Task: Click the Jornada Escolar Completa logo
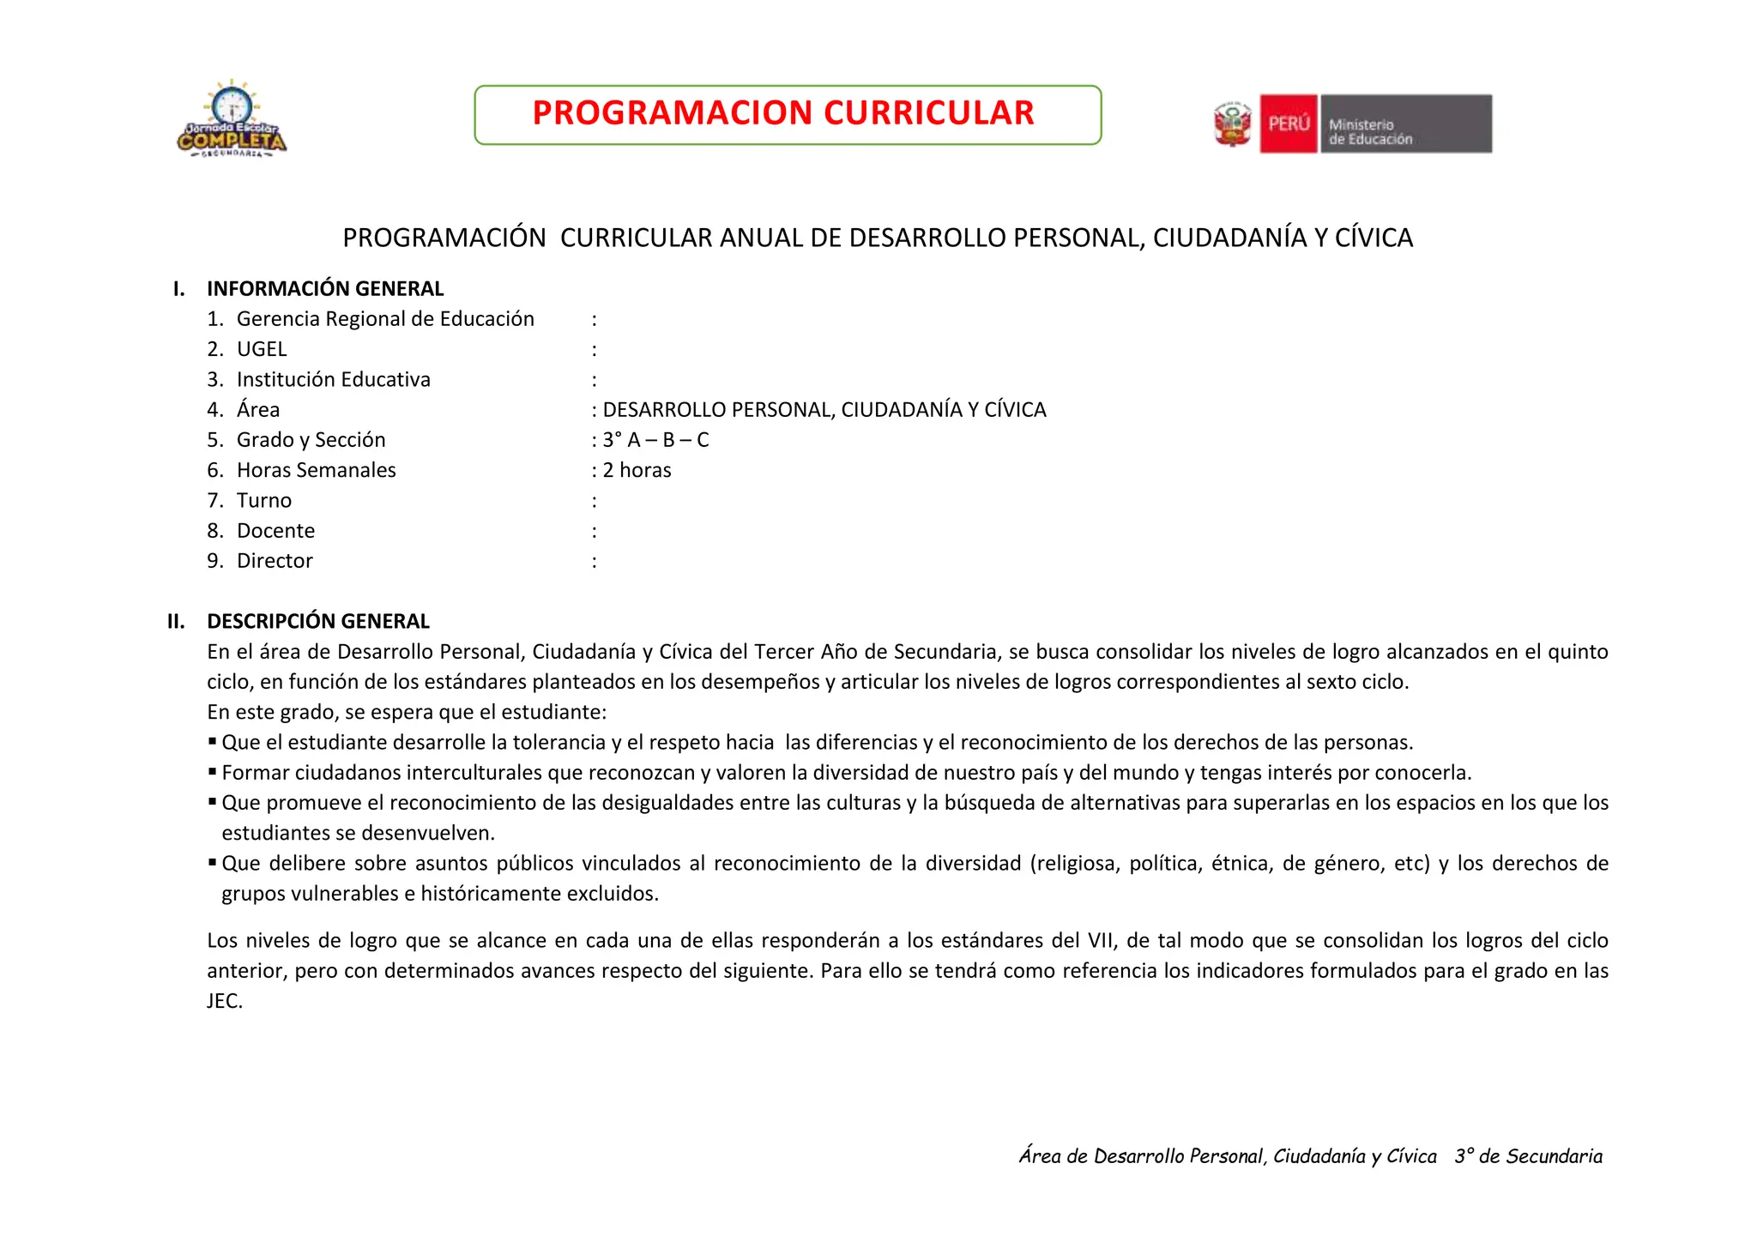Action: pos(232,120)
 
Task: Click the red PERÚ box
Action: pos(1288,124)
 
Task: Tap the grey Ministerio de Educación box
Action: pos(1405,124)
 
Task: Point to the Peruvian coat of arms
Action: pos(1232,124)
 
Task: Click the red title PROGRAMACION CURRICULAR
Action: pos(782,113)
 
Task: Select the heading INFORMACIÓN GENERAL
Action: pos(325,289)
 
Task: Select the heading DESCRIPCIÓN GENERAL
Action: pos(318,621)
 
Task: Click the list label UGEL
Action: pos(262,349)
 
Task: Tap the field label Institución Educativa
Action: pos(333,379)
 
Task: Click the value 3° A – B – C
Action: pos(655,440)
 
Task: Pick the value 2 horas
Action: pos(637,470)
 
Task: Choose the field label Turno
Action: pos(264,500)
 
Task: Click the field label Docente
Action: pos(275,531)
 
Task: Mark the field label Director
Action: pos(275,561)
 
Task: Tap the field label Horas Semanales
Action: pos(316,470)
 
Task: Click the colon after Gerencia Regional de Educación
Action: pos(594,320)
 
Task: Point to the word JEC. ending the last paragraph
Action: pos(225,1001)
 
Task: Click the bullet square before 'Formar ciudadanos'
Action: pos(212,771)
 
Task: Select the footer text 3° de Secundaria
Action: pos(1528,1156)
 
